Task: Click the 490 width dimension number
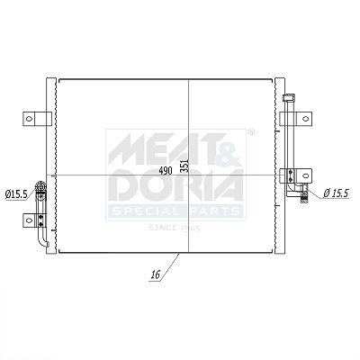click(x=166, y=171)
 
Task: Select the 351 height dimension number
click(x=184, y=166)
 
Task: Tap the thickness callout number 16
click(x=156, y=274)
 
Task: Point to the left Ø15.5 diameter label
click(x=16, y=194)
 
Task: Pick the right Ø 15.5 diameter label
click(x=336, y=193)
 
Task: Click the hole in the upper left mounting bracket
click(x=29, y=119)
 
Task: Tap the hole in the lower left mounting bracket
click(x=29, y=220)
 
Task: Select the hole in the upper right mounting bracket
click(x=305, y=119)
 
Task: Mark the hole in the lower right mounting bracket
click(x=305, y=175)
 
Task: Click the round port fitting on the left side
click(x=40, y=186)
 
